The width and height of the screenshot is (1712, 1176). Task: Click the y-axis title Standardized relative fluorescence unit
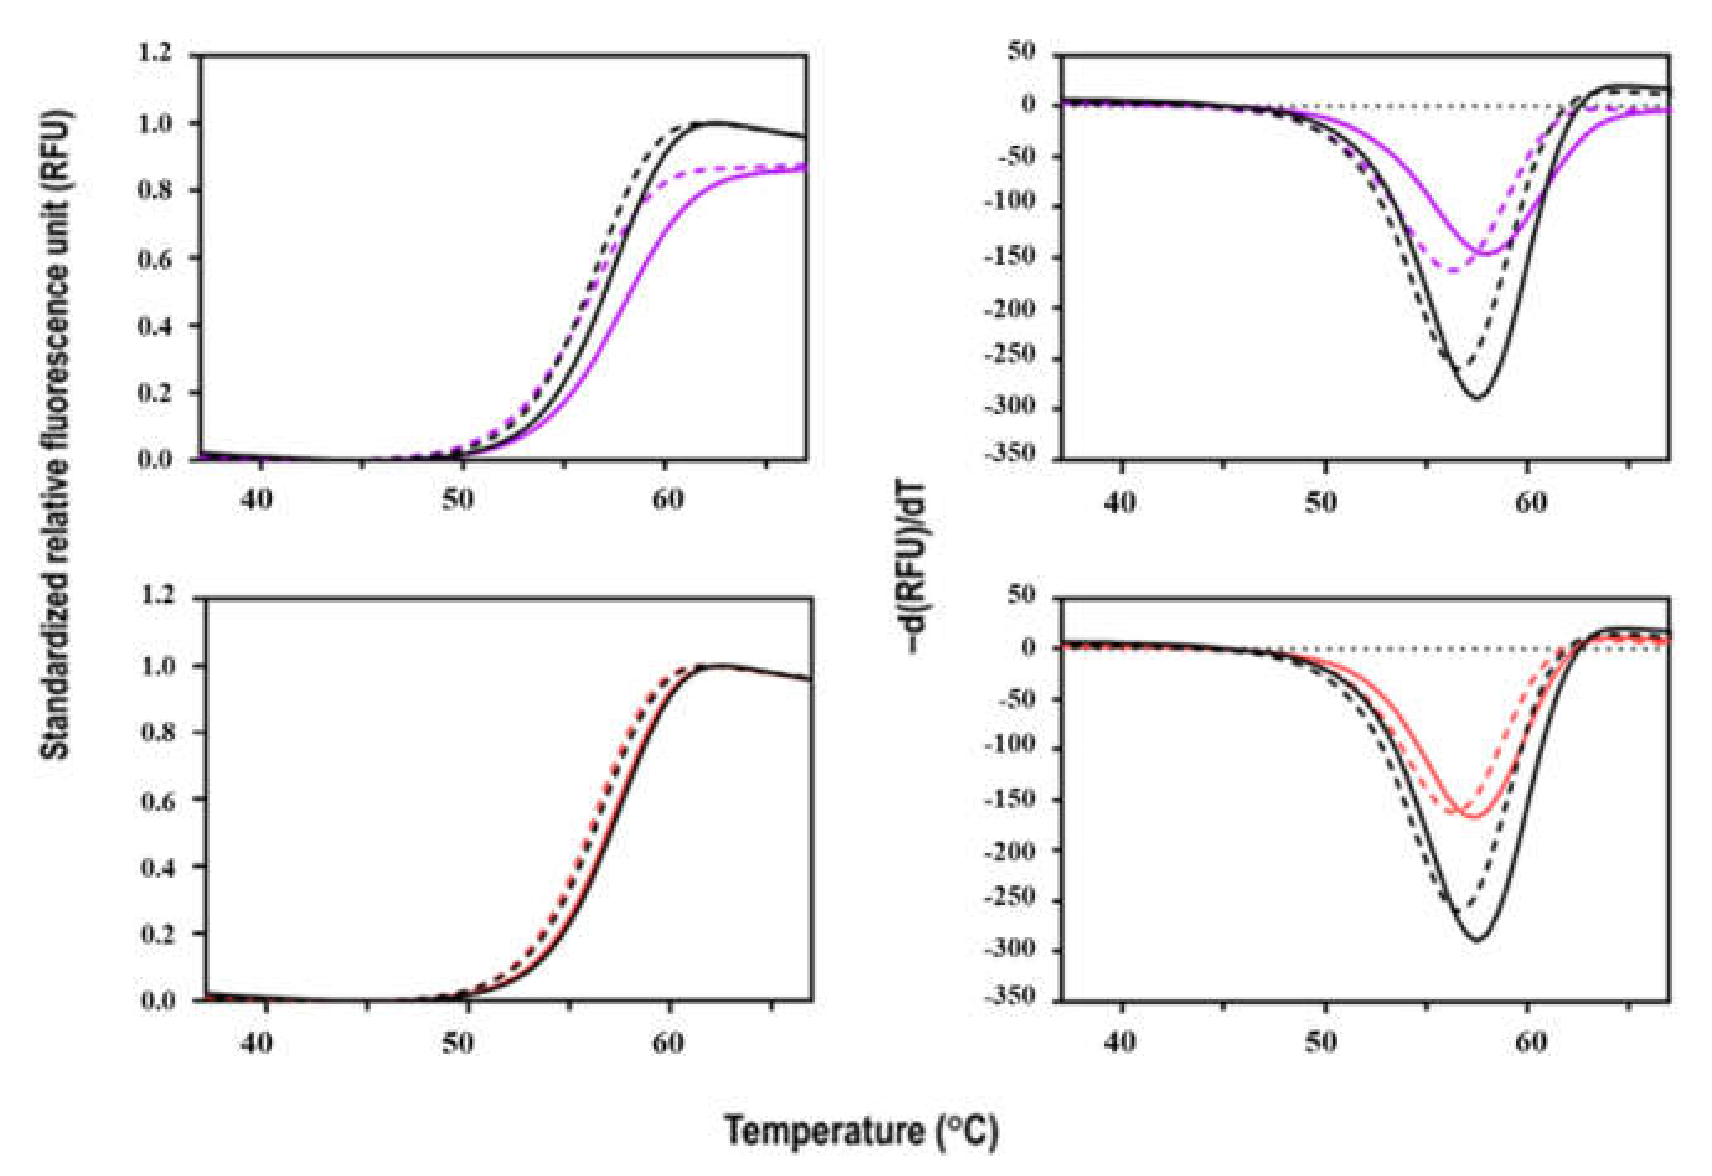click(57, 435)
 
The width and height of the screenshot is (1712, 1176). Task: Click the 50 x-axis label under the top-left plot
click(458, 500)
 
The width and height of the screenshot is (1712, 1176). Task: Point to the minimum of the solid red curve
click(1473, 816)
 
